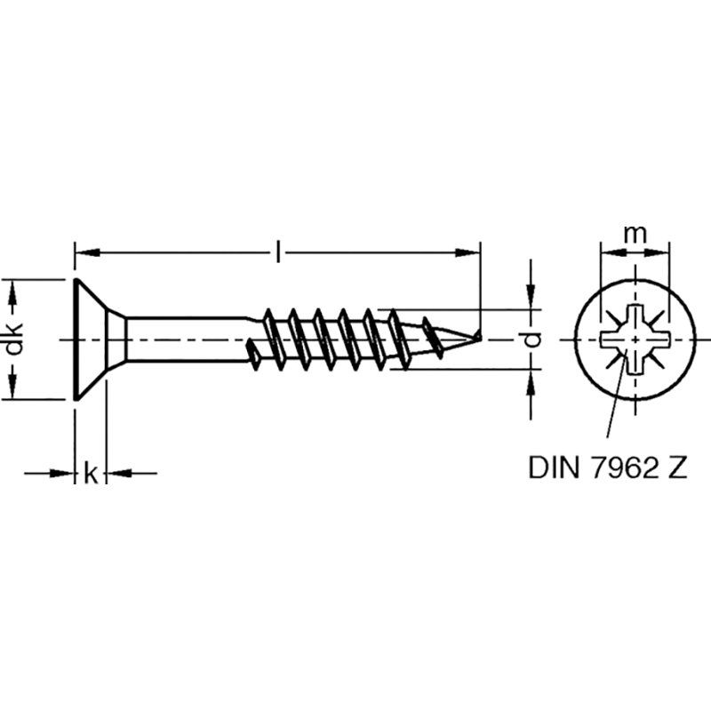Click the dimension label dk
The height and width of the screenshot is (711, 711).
point(14,339)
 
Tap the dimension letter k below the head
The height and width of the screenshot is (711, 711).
point(91,473)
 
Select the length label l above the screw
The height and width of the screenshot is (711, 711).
point(278,252)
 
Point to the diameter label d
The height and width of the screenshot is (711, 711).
point(534,339)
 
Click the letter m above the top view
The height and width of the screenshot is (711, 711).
point(635,234)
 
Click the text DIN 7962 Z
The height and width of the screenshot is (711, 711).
point(608,467)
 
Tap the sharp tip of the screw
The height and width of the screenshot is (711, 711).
point(481,336)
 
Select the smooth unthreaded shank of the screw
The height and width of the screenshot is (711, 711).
point(186,340)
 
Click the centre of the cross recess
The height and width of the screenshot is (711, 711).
point(635,340)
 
